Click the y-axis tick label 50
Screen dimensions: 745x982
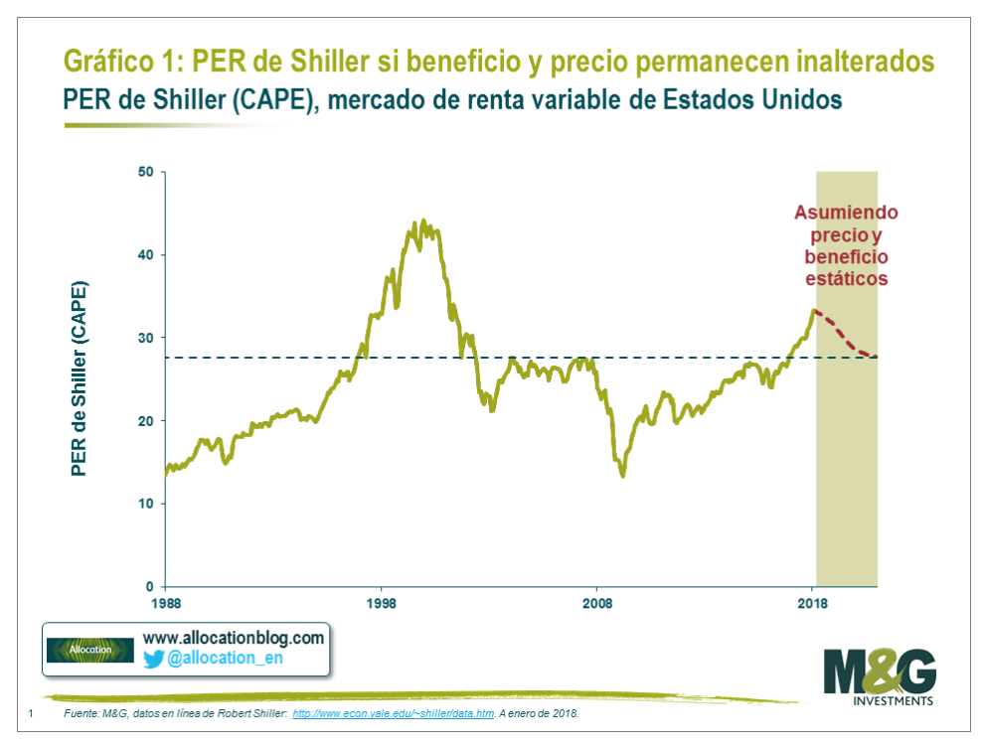144,172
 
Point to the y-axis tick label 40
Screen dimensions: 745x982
144,255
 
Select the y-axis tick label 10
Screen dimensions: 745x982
144,504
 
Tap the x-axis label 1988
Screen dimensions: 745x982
165,602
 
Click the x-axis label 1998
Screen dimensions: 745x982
381,602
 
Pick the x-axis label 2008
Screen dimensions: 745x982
596,602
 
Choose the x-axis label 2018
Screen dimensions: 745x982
812,602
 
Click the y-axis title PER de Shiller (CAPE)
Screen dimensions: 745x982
80,378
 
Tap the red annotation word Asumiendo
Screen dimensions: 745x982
845,213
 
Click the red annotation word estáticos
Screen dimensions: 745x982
845,279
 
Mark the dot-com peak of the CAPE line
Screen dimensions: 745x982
423,222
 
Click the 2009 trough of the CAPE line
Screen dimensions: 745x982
623,476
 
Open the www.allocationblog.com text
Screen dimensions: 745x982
234,638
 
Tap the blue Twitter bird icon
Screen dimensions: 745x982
153,659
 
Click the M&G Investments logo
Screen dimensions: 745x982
880,676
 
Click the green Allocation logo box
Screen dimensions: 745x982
90,650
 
